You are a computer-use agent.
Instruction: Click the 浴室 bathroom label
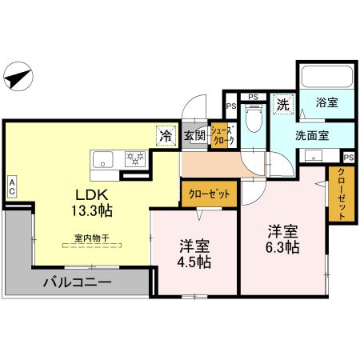click(326, 103)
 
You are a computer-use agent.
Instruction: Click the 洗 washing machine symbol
click(282, 103)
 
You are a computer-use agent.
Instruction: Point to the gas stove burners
click(135, 158)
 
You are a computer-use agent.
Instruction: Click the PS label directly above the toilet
click(252, 98)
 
